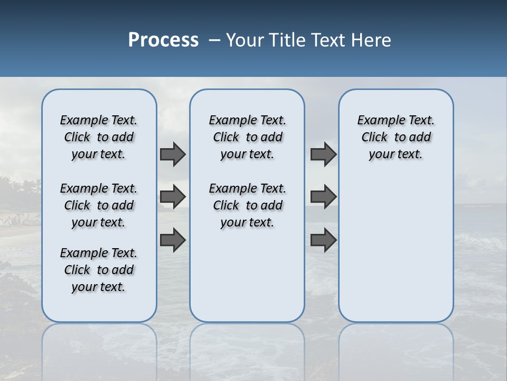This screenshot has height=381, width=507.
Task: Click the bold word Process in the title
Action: click(163, 40)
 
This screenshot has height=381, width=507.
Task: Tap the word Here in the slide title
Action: click(370, 40)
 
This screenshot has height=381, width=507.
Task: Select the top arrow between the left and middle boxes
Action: click(173, 154)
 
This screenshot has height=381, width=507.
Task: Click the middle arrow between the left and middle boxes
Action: click(173, 197)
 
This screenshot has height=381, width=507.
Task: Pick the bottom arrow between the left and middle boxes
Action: click(173, 240)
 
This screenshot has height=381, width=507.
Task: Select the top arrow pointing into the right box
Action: click(323, 154)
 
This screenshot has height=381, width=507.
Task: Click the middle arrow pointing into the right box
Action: click(323, 197)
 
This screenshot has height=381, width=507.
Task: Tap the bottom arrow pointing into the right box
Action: click(323, 240)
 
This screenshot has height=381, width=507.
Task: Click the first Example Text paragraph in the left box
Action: click(99, 137)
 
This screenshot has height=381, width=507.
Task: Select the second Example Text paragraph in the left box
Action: click(99, 205)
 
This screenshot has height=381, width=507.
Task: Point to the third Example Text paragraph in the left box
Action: click(99, 270)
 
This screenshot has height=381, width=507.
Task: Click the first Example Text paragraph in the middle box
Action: click(247, 137)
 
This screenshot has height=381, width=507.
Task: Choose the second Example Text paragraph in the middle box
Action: click(247, 205)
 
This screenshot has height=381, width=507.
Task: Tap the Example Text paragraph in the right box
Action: click(396, 137)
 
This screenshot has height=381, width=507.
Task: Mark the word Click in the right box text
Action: click(374, 138)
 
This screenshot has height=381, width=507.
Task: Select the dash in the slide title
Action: click(215, 40)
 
